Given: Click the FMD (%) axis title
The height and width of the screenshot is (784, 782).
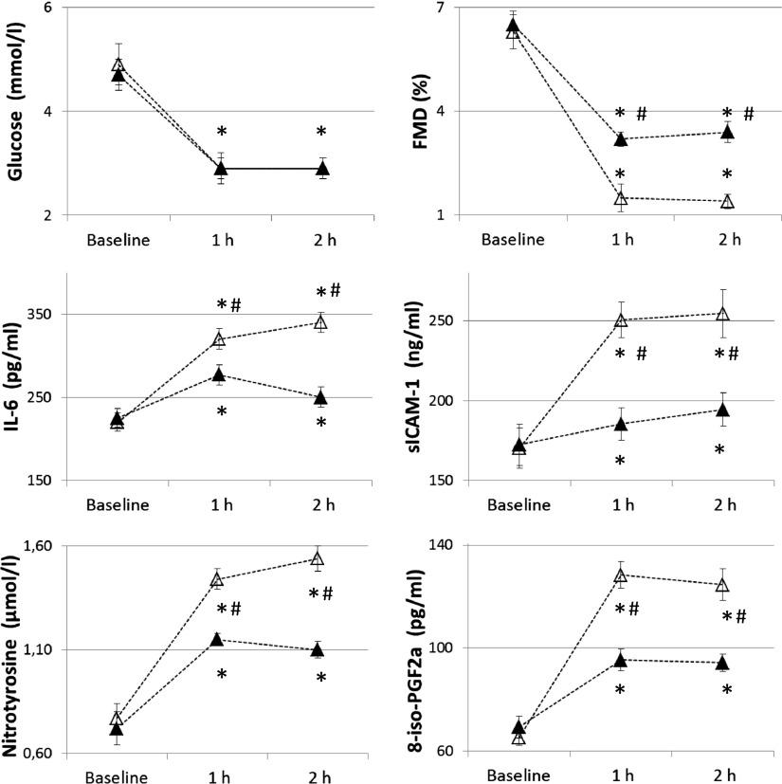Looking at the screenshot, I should (415, 112).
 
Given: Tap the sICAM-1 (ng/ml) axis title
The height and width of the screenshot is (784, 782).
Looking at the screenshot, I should (415, 377).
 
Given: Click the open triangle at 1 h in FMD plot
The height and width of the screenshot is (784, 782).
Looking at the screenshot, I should (621, 198).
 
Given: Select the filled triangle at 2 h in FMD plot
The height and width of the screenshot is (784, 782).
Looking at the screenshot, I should (727, 133).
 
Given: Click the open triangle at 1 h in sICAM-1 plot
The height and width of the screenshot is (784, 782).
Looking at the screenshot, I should (621, 320).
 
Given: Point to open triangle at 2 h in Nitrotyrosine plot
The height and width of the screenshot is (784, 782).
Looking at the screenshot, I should (318, 558).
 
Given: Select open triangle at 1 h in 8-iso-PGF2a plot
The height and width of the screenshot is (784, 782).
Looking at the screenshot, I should (621, 574).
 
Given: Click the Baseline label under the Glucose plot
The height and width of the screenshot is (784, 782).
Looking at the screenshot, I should (118, 238).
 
